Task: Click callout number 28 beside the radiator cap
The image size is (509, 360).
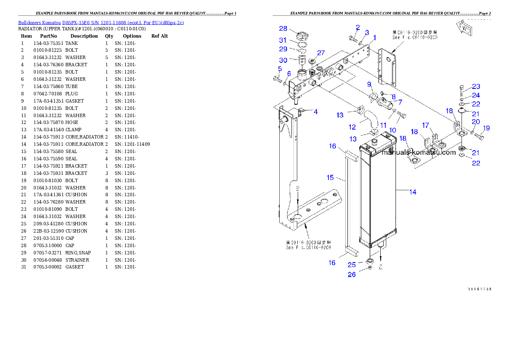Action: [283, 29]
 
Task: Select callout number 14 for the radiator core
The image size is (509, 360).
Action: [413, 192]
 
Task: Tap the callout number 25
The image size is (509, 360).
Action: [352, 265]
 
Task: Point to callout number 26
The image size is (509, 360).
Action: [352, 274]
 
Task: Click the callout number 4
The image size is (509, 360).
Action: [316, 112]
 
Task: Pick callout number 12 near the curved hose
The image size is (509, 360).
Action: [352, 127]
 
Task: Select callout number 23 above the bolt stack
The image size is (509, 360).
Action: [476, 87]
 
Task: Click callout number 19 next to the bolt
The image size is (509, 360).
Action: [486, 128]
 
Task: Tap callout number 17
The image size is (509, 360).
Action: [426, 125]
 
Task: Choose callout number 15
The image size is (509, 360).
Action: [330, 177]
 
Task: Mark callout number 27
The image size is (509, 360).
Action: [321, 53]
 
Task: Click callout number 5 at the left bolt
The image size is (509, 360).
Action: [280, 68]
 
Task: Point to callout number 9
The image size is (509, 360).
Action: [369, 84]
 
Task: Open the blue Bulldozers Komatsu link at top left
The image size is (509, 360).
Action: [101, 23]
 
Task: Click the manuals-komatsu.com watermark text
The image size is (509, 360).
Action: [419, 152]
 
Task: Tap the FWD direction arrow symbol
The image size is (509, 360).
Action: [465, 27]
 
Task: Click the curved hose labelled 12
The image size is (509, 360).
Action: [371, 119]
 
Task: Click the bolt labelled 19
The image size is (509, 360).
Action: [479, 136]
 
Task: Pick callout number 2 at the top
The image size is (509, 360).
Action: [358, 28]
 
